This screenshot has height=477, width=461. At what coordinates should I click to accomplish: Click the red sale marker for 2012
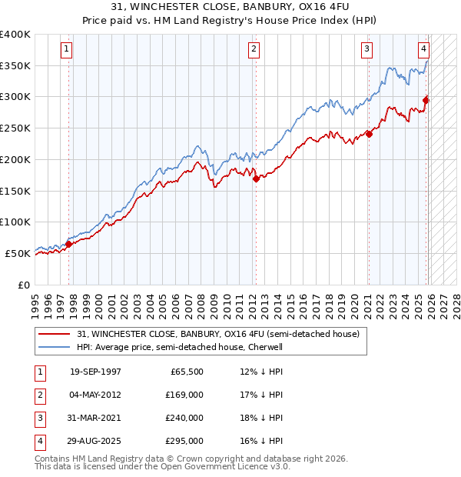pyautogui.click(x=256, y=178)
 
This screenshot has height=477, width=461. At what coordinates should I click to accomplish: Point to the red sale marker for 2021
pyautogui.click(x=369, y=134)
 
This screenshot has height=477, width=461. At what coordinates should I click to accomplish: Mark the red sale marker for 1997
pyautogui.click(x=68, y=244)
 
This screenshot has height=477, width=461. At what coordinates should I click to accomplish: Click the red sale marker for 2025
pyautogui.click(x=426, y=99)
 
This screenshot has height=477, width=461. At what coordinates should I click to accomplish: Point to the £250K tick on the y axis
pyautogui.click(x=15, y=128)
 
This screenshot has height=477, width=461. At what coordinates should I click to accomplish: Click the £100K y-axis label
pyautogui.click(x=15, y=222)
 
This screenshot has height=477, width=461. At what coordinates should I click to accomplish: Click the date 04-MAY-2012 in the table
pyautogui.click(x=95, y=395)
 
